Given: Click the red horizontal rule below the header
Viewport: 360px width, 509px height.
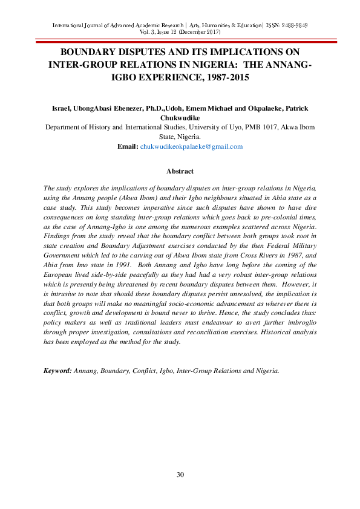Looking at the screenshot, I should tap(180, 41).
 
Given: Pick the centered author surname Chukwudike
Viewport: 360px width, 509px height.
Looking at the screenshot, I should tap(180, 118).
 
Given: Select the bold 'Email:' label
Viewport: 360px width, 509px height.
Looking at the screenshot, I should tap(127, 146).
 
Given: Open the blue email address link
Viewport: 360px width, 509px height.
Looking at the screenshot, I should tap(191, 146).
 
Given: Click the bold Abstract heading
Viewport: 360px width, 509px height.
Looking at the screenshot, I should tap(180, 171).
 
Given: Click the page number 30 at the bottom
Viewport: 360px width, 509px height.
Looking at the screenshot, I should tap(180, 475).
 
